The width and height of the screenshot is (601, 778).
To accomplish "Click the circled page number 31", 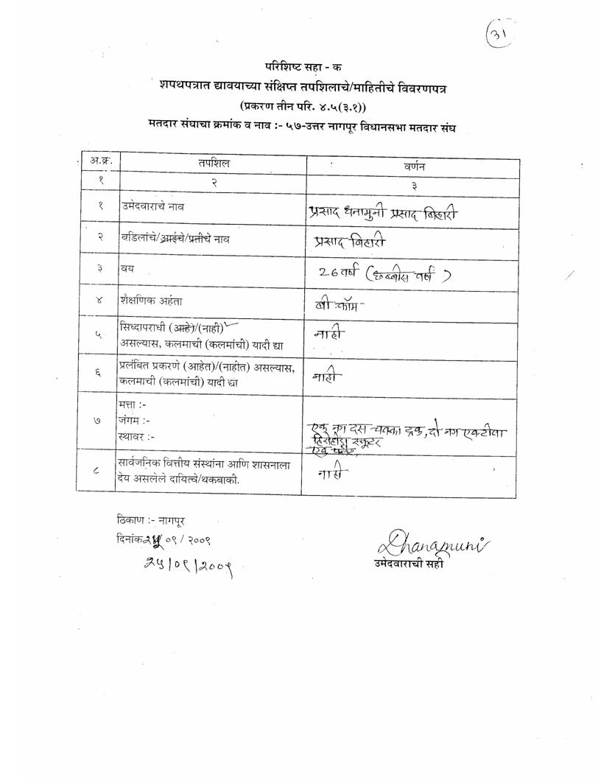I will pyautogui.click(x=500, y=35).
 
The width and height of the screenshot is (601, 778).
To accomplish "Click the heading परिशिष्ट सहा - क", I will pyautogui.click(x=300, y=66).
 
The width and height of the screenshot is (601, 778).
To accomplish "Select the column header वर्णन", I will pyautogui.click(x=414, y=167).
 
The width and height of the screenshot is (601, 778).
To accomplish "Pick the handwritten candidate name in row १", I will pyautogui.click(x=383, y=214).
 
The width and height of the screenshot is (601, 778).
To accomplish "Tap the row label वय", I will pyautogui.click(x=128, y=268).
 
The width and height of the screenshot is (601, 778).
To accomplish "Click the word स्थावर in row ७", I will pyautogui.click(x=135, y=436).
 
